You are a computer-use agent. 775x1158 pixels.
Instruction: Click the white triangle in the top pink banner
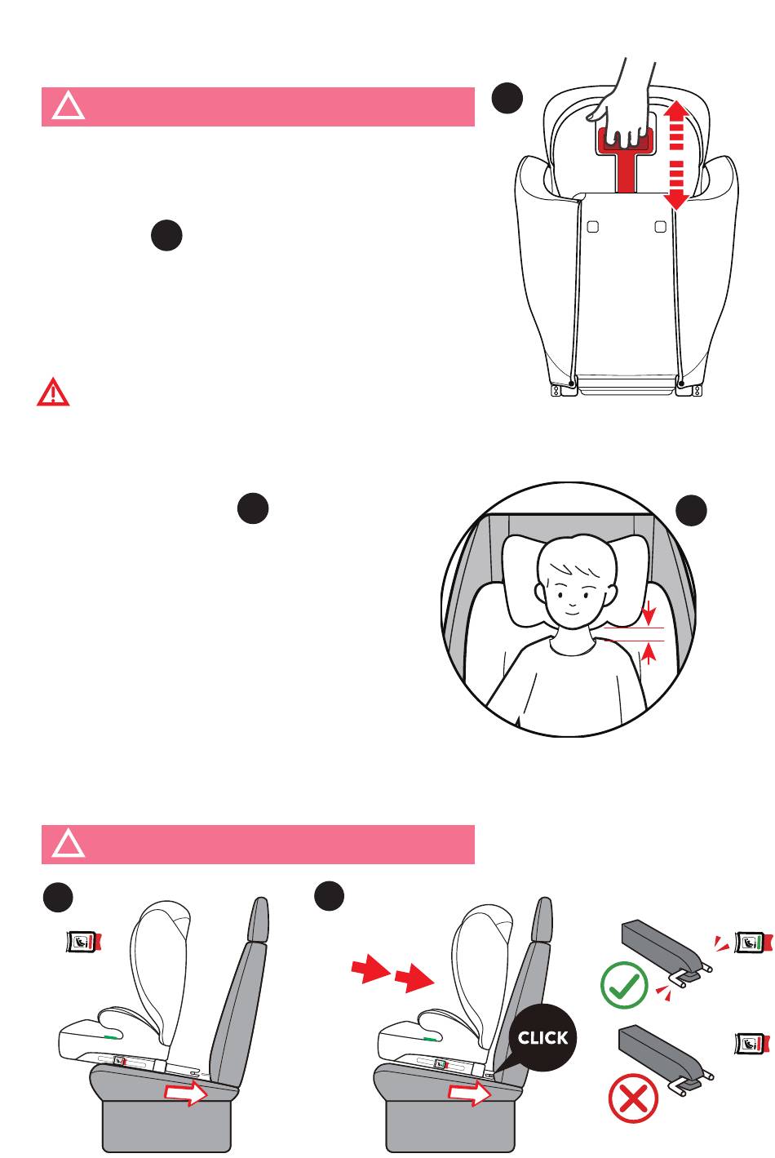[x=69, y=108]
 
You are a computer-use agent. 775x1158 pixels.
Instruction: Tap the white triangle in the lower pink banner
[x=69, y=845]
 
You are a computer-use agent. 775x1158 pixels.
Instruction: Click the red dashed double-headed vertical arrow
[x=676, y=155]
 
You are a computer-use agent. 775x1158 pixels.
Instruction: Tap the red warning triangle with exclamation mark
[x=53, y=393]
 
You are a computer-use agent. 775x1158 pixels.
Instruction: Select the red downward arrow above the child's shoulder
[x=649, y=613]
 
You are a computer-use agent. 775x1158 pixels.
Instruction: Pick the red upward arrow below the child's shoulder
[x=649, y=653]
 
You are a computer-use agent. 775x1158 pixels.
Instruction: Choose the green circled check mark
[x=624, y=985]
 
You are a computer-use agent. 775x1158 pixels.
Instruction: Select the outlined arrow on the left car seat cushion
[x=186, y=1094]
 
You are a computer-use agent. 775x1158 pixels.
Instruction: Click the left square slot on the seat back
[x=592, y=226]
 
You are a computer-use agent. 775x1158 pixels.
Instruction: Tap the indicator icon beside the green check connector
[x=752, y=942]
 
